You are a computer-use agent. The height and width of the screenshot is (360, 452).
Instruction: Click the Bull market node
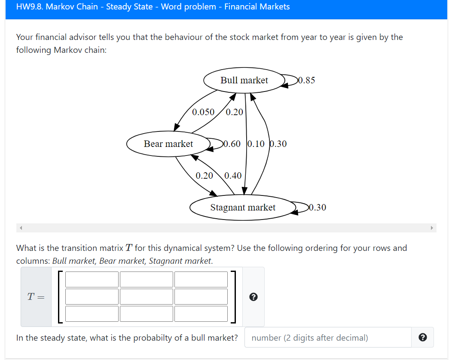[244, 80]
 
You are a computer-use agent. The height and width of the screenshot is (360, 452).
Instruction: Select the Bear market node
[168, 144]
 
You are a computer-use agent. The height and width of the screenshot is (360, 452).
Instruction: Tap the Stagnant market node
[243, 207]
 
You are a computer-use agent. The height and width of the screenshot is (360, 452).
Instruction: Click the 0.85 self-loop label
[306, 80]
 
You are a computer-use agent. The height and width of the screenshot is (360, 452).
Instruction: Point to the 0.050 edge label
[203, 112]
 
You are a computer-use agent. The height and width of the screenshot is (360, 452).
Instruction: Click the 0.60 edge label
[232, 144]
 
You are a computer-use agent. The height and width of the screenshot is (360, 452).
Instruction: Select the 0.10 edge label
[257, 144]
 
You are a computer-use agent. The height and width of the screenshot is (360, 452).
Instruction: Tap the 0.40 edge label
[233, 175]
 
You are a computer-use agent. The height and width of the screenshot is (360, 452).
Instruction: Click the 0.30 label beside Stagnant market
[317, 207]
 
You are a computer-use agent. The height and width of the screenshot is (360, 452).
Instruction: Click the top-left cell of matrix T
[92, 279]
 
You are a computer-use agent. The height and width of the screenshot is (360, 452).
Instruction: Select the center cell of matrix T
[146, 296]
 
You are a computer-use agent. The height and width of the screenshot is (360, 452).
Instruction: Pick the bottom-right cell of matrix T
[201, 314]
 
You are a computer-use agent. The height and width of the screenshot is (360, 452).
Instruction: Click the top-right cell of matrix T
[201, 279]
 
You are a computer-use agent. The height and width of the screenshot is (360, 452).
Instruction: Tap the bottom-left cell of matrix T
[92, 314]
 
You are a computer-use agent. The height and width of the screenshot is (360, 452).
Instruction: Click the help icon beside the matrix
[253, 297]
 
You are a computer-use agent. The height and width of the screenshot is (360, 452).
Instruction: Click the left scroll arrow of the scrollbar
[20, 228]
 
